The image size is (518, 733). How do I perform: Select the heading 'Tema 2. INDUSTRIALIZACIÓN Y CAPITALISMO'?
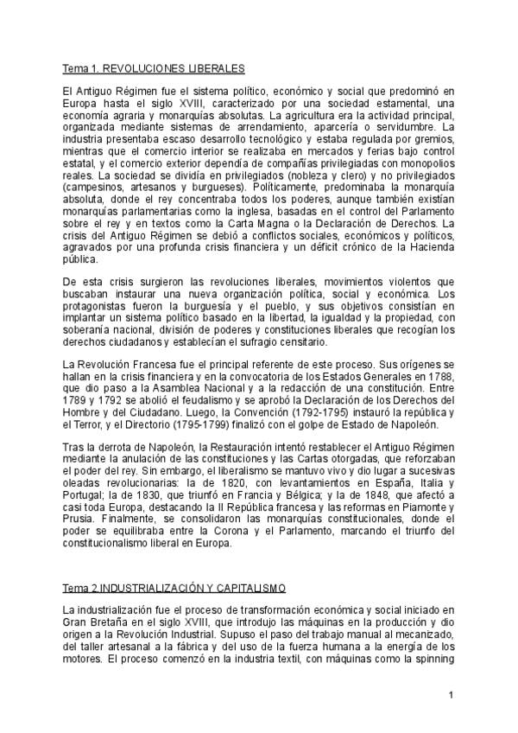(174, 588)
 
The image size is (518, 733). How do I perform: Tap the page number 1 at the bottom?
(451, 695)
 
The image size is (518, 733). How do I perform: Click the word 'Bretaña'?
(112, 623)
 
